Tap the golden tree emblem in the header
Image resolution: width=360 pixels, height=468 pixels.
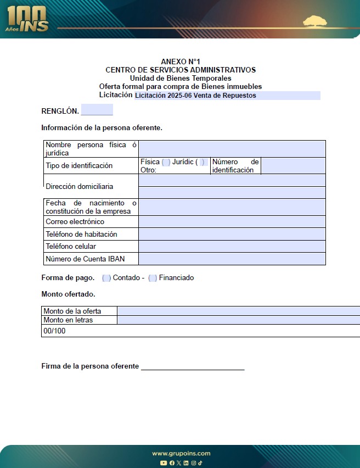(x=318, y=23)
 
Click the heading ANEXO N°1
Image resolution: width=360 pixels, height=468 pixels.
(x=181, y=62)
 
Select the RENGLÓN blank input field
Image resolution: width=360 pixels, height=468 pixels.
(x=97, y=110)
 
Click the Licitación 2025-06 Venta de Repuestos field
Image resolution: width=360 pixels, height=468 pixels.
(x=227, y=96)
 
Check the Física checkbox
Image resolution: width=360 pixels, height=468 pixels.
(x=166, y=162)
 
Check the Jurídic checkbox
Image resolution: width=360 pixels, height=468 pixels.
(x=203, y=162)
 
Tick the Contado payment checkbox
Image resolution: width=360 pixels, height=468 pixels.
(x=106, y=278)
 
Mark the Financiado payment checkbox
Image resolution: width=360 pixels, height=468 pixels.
(x=153, y=278)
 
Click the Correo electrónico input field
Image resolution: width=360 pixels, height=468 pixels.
(x=232, y=222)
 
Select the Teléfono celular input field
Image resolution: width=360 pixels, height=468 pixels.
(x=232, y=247)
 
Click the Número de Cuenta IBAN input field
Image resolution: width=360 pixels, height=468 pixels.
(x=232, y=259)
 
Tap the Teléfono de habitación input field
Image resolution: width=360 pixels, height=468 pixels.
(x=232, y=234)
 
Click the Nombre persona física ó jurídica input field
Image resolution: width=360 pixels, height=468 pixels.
(x=232, y=149)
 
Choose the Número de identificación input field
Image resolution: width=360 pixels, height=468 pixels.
(x=293, y=166)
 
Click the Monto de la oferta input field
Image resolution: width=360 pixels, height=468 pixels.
(x=238, y=311)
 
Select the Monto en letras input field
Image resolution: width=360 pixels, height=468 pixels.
(x=238, y=320)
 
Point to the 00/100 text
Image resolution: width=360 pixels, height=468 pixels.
(x=54, y=331)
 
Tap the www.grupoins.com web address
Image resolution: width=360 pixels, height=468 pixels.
(x=181, y=453)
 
